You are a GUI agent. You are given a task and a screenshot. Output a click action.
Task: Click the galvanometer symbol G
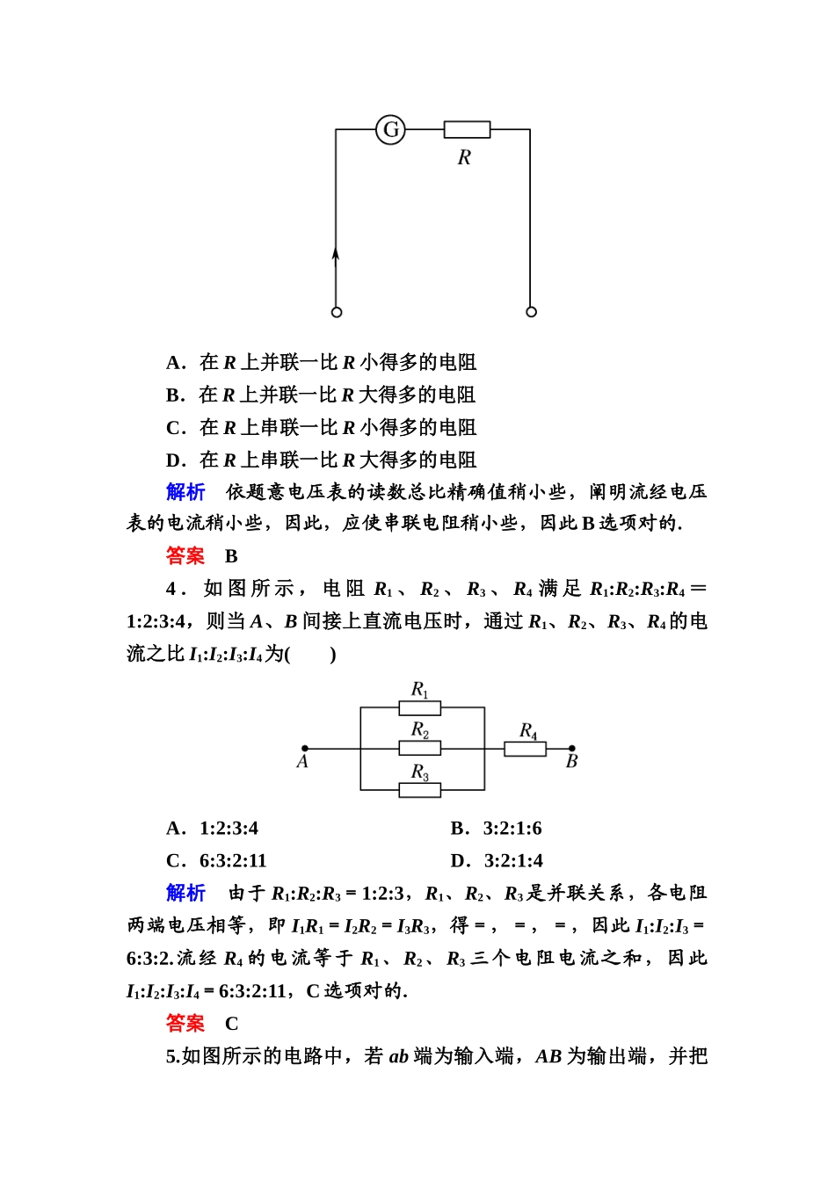click(390, 130)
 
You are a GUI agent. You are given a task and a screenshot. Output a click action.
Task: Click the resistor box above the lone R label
click(467, 130)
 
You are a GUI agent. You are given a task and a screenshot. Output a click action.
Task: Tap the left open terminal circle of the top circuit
click(337, 312)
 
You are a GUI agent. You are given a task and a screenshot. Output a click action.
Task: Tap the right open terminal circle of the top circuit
click(531, 312)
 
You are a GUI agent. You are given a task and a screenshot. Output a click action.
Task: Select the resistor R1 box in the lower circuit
click(420, 707)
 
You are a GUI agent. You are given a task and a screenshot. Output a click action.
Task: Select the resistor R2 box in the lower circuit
click(420, 749)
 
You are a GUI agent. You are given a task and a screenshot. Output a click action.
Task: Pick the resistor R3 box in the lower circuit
click(420, 790)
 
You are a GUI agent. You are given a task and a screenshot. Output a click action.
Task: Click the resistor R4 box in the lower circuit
click(525, 749)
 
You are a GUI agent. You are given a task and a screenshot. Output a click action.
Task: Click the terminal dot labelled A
click(305, 749)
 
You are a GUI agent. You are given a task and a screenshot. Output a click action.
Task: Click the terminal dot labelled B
click(572, 749)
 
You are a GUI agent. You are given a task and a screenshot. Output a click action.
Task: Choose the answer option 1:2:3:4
click(229, 828)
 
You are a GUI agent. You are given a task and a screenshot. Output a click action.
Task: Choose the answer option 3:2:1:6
click(512, 828)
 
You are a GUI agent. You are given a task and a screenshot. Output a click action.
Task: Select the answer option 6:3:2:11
click(233, 860)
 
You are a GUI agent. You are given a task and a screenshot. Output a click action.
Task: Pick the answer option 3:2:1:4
click(513, 860)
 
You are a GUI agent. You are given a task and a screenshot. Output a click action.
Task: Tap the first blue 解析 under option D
click(185, 491)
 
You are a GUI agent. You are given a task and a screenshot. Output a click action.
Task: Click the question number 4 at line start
click(171, 589)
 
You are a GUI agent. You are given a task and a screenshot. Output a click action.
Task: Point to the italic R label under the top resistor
click(464, 158)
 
